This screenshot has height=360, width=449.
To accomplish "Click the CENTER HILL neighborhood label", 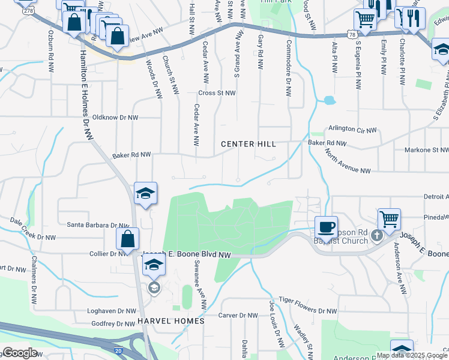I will tap(248, 144).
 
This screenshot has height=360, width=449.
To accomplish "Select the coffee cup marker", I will tap(326, 227).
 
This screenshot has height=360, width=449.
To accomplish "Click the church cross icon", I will tap(376, 235).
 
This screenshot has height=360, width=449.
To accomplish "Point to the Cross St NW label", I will tap(217, 93).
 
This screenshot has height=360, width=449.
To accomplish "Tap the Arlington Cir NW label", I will tap(352, 130).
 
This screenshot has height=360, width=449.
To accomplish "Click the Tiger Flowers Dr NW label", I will tap(309, 311).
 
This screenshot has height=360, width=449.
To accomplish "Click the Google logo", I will tap(20, 353).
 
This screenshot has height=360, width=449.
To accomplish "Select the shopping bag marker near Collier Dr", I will tap(128, 239).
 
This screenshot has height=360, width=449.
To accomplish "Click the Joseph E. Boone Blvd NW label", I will tap(187, 255).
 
